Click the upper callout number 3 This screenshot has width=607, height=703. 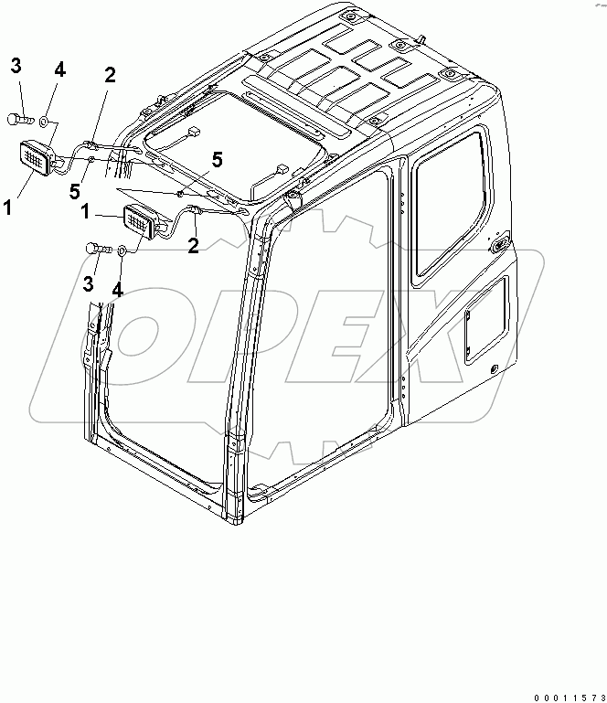tap(16, 66)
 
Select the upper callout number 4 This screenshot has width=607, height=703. tap(60, 69)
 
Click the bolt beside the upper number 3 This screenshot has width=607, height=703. tap(20, 118)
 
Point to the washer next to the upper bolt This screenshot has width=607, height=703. tap(46, 119)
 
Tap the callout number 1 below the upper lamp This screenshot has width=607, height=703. tap(6, 208)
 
